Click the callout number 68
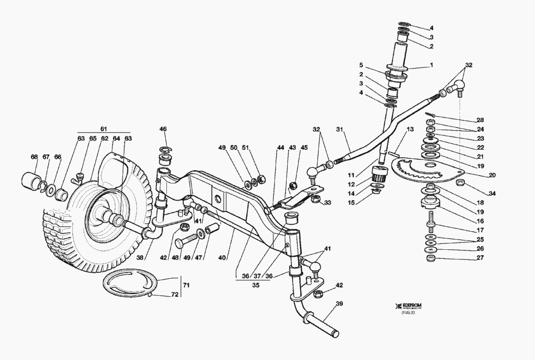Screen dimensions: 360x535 point(34,157)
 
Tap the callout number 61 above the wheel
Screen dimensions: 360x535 point(104,128)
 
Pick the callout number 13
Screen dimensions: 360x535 point(410,130)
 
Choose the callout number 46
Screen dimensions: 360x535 point(163,129)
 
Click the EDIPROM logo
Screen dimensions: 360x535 point(410,306)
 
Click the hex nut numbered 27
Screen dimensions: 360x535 point(431,259)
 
